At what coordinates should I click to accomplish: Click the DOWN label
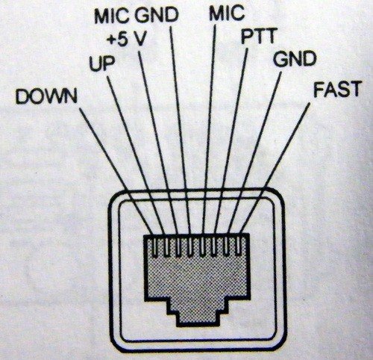coord(46,96)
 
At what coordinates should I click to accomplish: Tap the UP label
coord(102,64)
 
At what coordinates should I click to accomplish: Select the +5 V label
coord(126,39)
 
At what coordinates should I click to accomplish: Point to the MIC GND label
coord(137,15)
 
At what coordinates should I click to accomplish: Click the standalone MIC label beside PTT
coord(227,13)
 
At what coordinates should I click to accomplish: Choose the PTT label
coord(259,36)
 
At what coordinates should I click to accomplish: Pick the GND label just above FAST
coord(295,59)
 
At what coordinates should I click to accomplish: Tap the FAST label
coord(337,89)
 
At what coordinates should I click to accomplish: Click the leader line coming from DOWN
coord(116,171)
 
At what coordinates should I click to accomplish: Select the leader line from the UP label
coord(136,155)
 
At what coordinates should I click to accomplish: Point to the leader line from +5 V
coord(157,143)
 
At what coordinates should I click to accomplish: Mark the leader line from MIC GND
coord(181,129)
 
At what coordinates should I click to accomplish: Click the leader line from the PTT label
coord(231,141)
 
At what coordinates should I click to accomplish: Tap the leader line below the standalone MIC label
coord(210,129)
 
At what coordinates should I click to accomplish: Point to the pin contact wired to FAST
coord(238,246)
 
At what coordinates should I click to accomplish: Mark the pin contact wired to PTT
coord(214,246)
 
